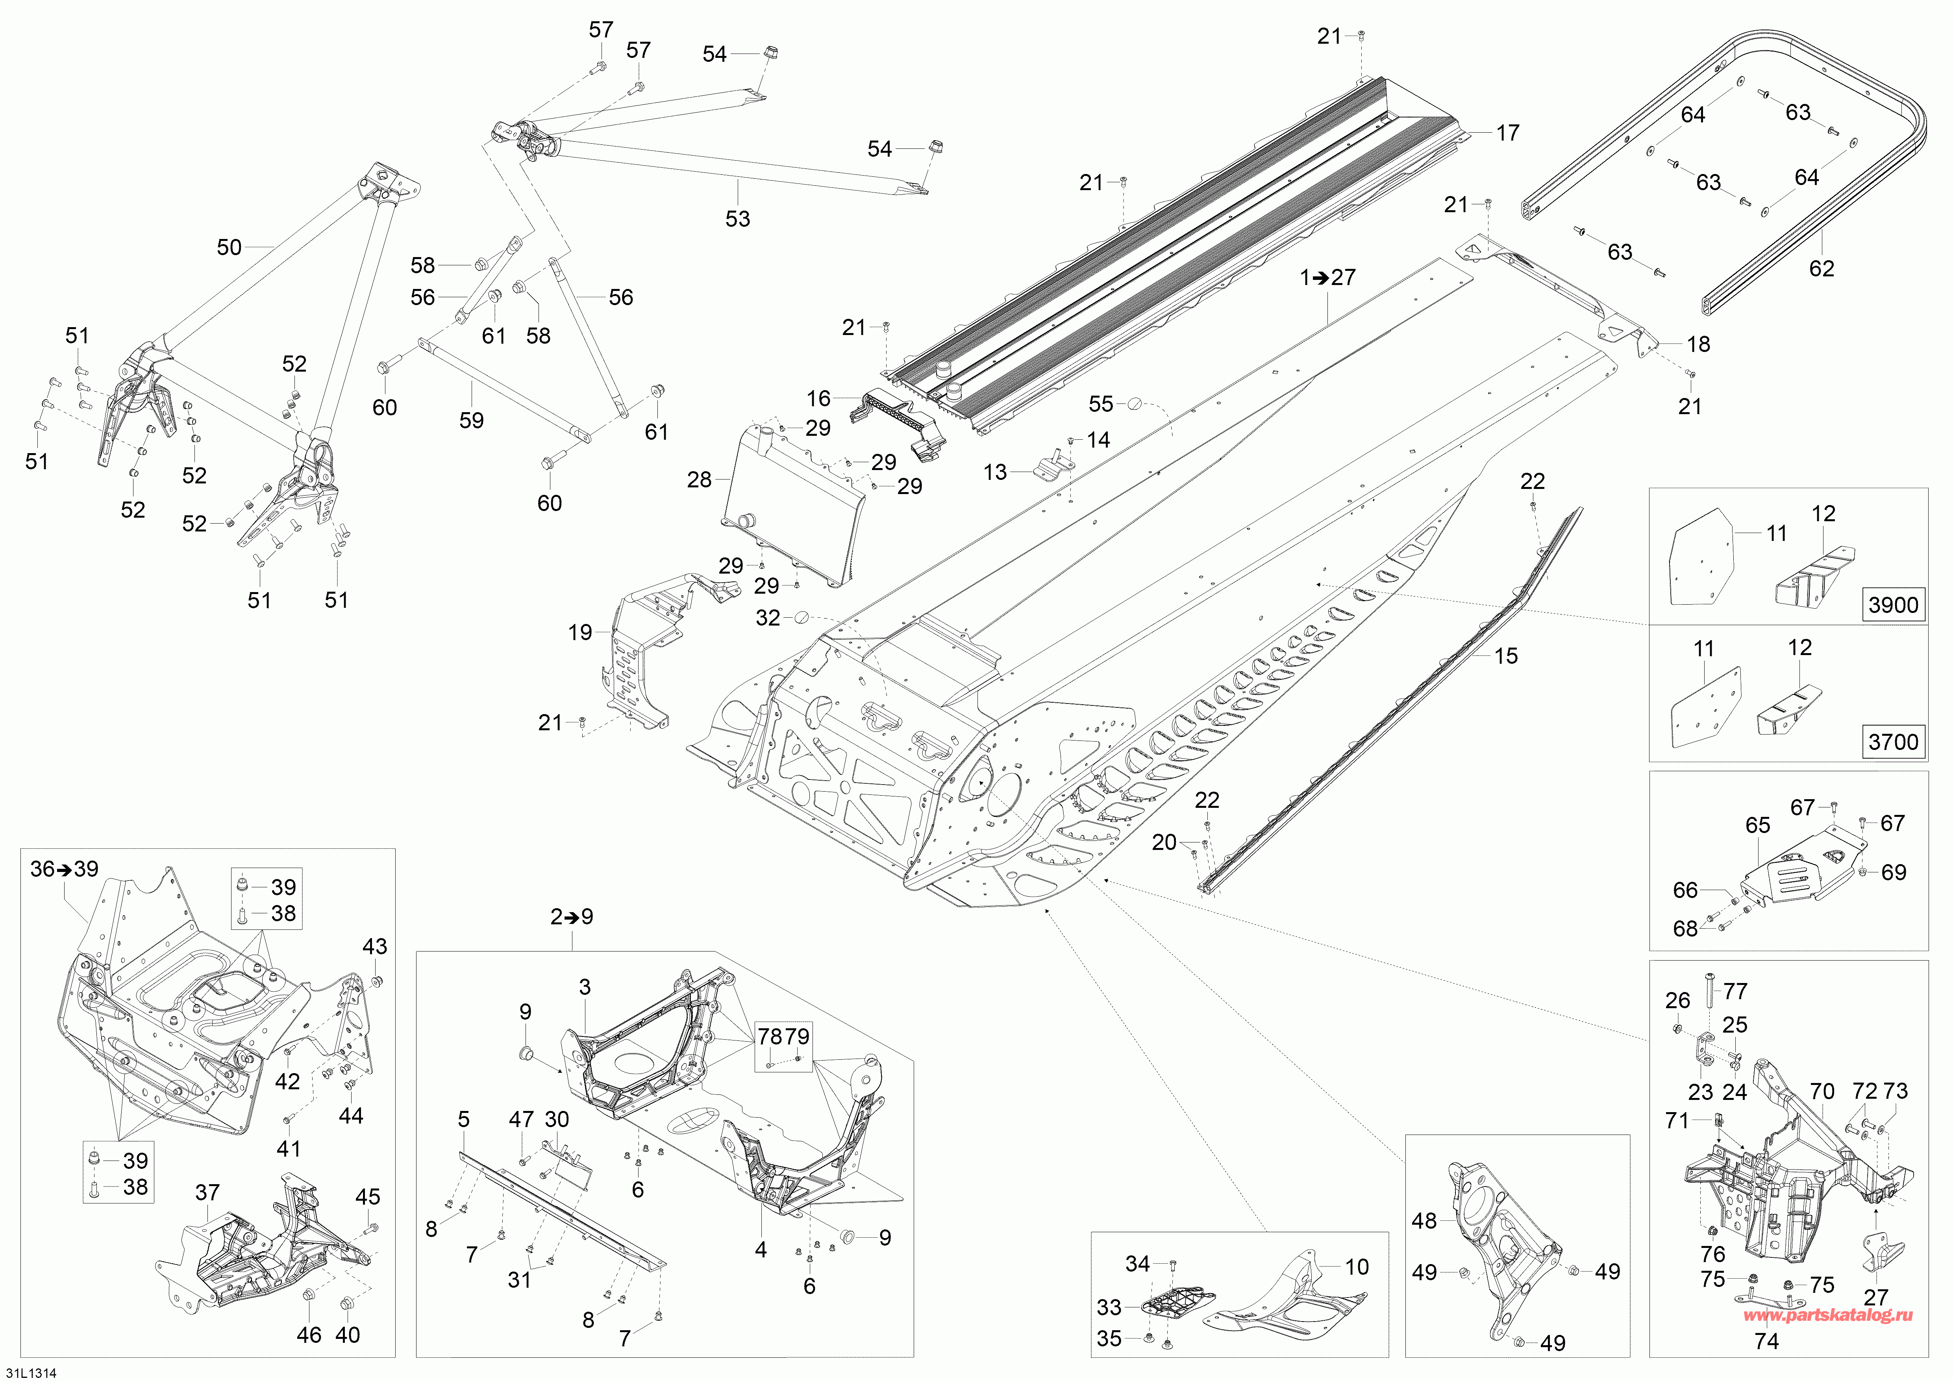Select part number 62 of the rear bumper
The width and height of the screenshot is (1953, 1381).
1821,269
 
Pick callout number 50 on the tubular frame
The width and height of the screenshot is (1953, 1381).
229,248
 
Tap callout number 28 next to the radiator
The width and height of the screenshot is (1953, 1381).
699,479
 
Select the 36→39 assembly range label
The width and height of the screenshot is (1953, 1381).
65,869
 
